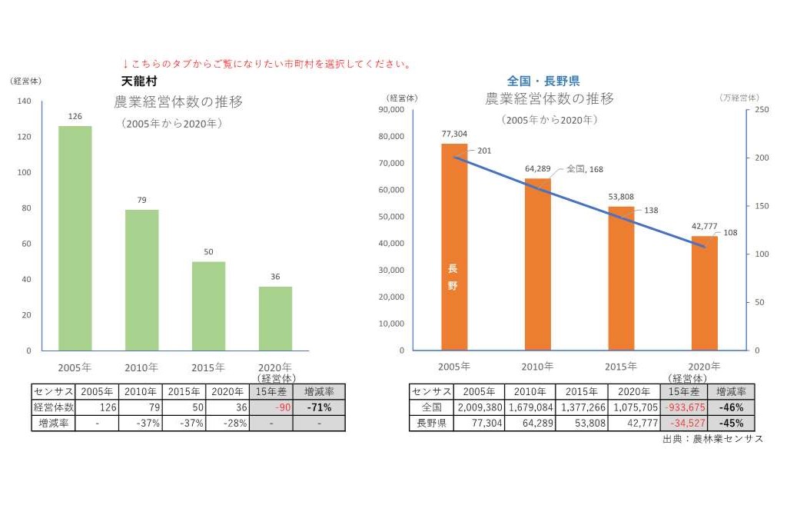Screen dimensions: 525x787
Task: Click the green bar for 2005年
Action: pyautogui.click(x=75, y=238)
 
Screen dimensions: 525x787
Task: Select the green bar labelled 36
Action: pyautogui.click(x=275, y=318)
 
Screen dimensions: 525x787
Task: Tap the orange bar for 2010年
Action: pyautogui.click(x=538, y=264)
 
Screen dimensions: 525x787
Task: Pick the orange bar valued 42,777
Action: pyautogui.click(x=704, y=293)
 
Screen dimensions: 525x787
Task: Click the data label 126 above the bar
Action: pyautogui.click(x=75, y=117)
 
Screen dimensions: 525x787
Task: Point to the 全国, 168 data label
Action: pyautogui.click(x=584, y=168)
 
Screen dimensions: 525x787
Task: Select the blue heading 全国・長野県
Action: pyautogui.click(x=543, y=80)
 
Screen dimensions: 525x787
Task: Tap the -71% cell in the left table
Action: pyautogui.click(x=319, y=407)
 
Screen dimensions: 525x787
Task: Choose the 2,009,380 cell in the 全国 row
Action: pyautogui.click(x=480, y=407)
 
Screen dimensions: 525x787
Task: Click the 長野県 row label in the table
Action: pyautogui.click(x=431, y=423)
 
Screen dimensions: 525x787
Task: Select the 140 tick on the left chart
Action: pyautogui.click(x=24, y=101)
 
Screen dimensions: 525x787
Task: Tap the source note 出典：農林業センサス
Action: pyautogui.click(x=712, y=440)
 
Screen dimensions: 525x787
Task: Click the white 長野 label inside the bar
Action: pyautogui.click(x=453, y=277)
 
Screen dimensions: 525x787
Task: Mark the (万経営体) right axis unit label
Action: pyautogui.click(x=739, y=98)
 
